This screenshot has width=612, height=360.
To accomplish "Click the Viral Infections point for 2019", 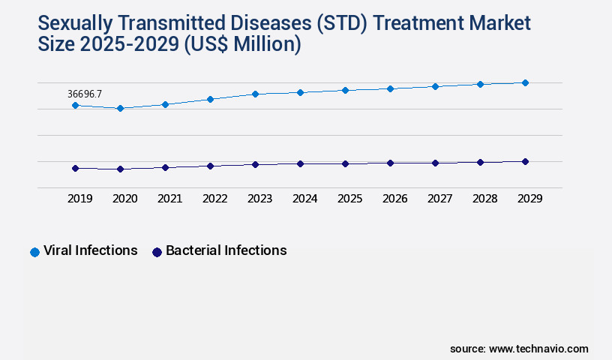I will click(x=75, y=106).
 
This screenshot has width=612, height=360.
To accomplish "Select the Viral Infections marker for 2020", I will click(x=120, y=109).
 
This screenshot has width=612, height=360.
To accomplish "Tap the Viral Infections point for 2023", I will click(x=255, y=94).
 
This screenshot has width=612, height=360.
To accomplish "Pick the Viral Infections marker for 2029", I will click(x=525, y=83).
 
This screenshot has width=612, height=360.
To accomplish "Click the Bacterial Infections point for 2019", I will click(x=75, y=169).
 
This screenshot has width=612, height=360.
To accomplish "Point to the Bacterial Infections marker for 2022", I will click(x=210, y=166).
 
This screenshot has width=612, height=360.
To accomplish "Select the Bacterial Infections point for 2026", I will click(x=390, y=163).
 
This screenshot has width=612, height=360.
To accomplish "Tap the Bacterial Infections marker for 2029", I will click(x=525, y=162).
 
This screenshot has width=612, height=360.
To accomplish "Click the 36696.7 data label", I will click(x=85, y=94).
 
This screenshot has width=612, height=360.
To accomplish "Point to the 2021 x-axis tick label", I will click(x=169, y=199).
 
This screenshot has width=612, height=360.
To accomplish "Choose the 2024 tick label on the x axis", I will click(x=304, y=199).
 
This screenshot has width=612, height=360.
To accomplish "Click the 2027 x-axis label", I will click(x=439, y=199).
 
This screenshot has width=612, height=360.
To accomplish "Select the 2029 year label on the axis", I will click(x=529, y=199).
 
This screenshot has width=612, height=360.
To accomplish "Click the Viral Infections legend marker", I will click(x=34, y=252).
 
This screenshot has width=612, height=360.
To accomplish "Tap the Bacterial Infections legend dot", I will click(x=157, y=252).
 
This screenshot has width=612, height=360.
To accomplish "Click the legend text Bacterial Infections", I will click(x=226, y=250).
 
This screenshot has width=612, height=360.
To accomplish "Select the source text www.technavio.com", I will click(x=538, y=349).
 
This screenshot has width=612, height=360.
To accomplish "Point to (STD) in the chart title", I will click(x=341, y=23).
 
